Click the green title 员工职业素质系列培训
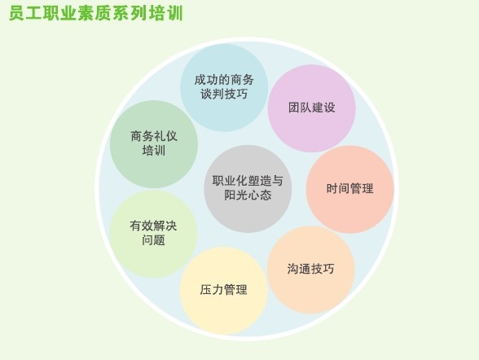point(96,13)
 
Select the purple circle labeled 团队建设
point(311,108)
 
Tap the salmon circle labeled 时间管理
point(350,189)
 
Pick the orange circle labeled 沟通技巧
point(311,270)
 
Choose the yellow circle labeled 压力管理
point(223,291)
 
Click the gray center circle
point(248,189)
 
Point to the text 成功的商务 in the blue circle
point(224,80)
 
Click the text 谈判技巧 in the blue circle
point(224,94)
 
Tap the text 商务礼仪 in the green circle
point(154,136)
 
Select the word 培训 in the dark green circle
point(154,151)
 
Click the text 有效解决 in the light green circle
point(153,226)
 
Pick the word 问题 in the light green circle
point(153,240)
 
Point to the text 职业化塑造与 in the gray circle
point(248,181)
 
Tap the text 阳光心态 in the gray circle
point(248,195)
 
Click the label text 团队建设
point(311,108)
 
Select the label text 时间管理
point(350,188)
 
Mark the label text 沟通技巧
point(311,269)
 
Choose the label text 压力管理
point(223,289)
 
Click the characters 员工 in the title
point(26,13)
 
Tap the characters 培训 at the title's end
point(166,13)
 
